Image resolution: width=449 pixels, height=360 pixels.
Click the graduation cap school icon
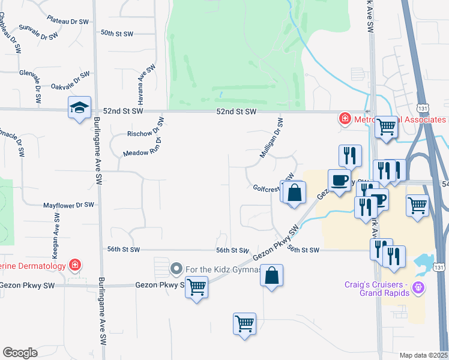pyautogui.click(x=79, y=108)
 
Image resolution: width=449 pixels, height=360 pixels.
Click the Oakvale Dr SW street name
pyautogui.click(x=70, y=82)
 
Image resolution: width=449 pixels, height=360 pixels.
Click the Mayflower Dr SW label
pyautogui.click(x=68, y=205)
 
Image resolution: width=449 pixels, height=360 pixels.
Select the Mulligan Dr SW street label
pyautogui.click(x=271, y=139)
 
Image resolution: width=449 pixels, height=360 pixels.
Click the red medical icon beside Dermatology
pyautogui.click(x=75, y=264)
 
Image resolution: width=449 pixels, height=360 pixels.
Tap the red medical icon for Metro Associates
pyautogui.click(x=345, y=119)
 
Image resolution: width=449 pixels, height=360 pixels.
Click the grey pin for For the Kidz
pyautogui.click(x=176, y=268)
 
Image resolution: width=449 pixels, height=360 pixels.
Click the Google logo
pyautogui.click(x=20, y=353)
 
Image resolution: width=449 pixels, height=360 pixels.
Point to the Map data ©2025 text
pyautogui.click(x=423, y=355)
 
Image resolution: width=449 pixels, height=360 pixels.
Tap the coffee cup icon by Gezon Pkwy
pyautogui.click(x=339, y=180)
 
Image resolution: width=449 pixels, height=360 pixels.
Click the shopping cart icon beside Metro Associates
pyautogui.click(x=387, y=127)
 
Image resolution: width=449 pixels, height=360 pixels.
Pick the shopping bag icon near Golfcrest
pyautogui.click(x=294, y=194)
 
